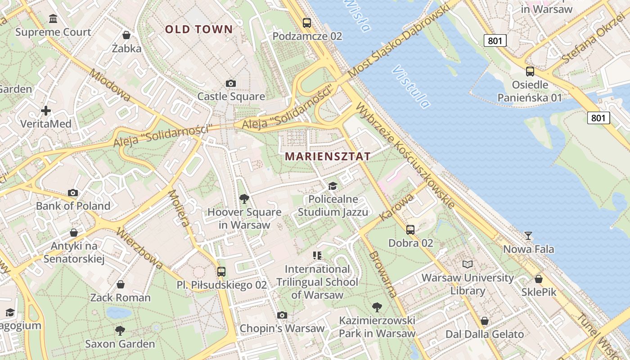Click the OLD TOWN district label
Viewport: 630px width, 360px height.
pos(199,30)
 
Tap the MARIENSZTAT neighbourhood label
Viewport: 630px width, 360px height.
pos(328,157)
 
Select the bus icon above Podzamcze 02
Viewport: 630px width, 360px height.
pos(307,22)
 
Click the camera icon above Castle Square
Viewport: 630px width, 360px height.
pos(231,83)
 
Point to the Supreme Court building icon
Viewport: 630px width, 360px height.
pos(53,19)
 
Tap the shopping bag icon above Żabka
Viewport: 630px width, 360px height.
pos(126,35)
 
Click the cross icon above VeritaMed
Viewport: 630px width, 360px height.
pos(45,110)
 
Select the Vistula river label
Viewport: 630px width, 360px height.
pos(411,87)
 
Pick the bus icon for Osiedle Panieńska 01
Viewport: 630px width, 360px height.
pos(530,71)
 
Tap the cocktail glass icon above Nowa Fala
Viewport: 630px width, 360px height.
pos(528,236)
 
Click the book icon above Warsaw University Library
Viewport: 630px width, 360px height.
pos(468,264)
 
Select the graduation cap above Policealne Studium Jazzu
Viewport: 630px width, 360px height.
pos(333,186)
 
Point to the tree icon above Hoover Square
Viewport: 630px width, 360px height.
pos(244,198)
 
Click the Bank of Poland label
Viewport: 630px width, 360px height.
pos(73,206)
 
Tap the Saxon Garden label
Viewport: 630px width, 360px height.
pos(120,344)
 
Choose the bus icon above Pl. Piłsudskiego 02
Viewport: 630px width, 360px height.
pos(221,271)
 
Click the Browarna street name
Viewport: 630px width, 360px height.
pos(383,274)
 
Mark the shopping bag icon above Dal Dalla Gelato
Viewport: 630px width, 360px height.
pos(485,321)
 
